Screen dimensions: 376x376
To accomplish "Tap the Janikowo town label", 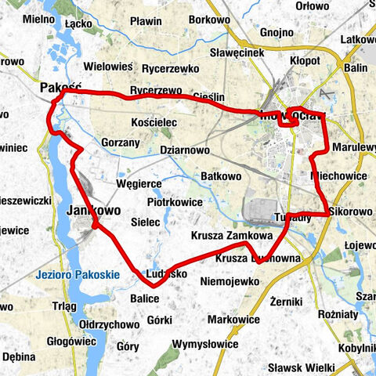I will point(93,211).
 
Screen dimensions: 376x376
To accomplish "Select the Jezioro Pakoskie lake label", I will point(77,276).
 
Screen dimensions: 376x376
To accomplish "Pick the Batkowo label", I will point(221,176).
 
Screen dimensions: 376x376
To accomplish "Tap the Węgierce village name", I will point(139,183).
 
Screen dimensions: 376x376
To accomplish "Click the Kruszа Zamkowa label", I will point(231,235).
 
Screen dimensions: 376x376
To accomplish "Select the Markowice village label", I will point(233,320).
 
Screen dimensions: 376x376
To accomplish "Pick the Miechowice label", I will point(339,175).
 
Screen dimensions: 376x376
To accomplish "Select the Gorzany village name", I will point(121,143).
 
